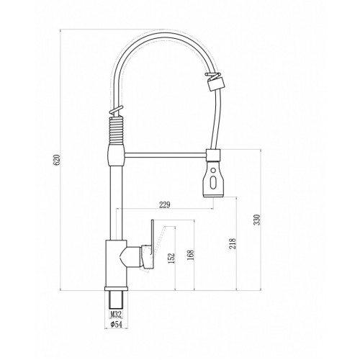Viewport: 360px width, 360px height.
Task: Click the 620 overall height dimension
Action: point(57,160)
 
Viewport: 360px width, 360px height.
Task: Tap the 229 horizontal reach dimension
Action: point(165,204)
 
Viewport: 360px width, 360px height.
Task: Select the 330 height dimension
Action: point(257,220)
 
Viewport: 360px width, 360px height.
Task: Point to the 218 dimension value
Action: point(233,243)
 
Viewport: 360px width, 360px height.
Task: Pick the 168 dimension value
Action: point(191,256)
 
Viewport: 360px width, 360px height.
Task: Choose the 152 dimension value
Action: point(171,258)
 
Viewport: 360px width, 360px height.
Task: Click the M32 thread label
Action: point(117,314)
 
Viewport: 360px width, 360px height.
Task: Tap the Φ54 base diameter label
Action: point(117,325)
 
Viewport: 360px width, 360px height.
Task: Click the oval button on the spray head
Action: point(212,182)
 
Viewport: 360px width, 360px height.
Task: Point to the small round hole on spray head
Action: point(213,171)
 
